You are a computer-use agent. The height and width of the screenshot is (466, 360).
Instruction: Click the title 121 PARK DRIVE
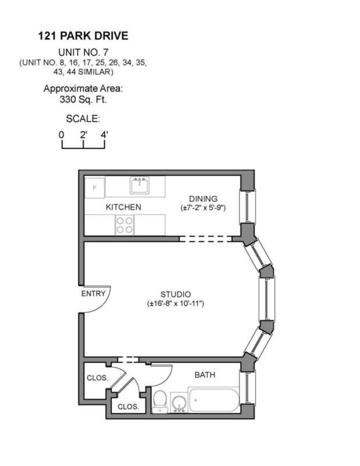click(83, 36)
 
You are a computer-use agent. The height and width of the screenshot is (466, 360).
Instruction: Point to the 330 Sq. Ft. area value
click(83, 99)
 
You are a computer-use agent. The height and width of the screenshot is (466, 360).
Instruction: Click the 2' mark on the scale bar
click(83, 135)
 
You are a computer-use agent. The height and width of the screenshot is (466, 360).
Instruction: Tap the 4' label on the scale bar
click(104, 135)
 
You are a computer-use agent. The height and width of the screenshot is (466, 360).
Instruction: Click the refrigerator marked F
click(94, 188)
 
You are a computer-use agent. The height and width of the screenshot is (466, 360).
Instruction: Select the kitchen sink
click(139, 186)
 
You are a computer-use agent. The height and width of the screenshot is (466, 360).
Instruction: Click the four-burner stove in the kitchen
click(124, 224)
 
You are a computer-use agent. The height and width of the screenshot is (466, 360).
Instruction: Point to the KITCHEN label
click(123, 207)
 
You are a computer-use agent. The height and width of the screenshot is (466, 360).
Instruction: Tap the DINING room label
click(203, 198)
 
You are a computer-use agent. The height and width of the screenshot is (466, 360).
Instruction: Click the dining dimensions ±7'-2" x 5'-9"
click(203, 207)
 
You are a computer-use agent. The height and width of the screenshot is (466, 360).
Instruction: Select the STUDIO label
click(175, 294)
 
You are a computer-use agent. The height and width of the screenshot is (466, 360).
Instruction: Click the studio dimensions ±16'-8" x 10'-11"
click(175, 303)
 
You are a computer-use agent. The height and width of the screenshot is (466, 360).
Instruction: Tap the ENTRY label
click(93, 293)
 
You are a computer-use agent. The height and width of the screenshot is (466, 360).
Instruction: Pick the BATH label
click(204, 375)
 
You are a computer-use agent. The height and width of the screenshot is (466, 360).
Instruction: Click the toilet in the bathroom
click(160, 402)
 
